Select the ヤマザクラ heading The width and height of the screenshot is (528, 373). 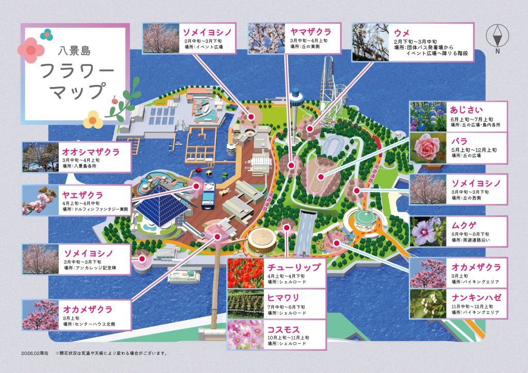click(x=310, y=32)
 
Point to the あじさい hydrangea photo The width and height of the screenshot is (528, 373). click(x=427, y=116)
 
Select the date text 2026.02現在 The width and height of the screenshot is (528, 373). click(x=35, y=353)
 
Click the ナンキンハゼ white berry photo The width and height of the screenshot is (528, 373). click(x=427, y=303)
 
